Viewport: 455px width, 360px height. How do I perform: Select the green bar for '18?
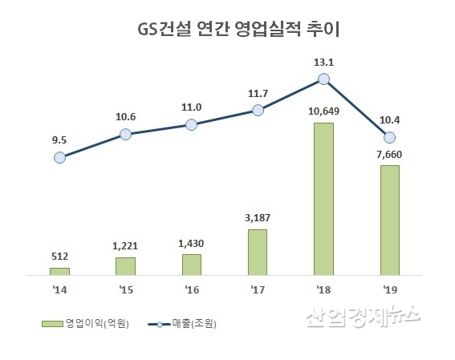pyautogui.click(x=323, y=197)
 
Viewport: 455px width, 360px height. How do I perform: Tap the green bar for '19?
pyautogui.click(x=389, y=219)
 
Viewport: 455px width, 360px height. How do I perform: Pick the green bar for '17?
pyautogui.click(x=258, y=251)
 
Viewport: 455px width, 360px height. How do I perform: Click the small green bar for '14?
pyautogui.click(x=59, y=270)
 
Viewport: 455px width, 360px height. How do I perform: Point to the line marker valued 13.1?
pyautogui.click(x=323, y=79)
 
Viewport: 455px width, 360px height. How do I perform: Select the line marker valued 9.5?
pyautogui.click(x=59, y=158)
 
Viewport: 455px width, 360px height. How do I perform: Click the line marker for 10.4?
pyautogui.click(x=390, y=137)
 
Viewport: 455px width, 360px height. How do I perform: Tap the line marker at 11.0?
pyautogui.click(x=191, y=124)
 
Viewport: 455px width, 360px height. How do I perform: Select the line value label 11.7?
pyautogui.click(x=258, y=93)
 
